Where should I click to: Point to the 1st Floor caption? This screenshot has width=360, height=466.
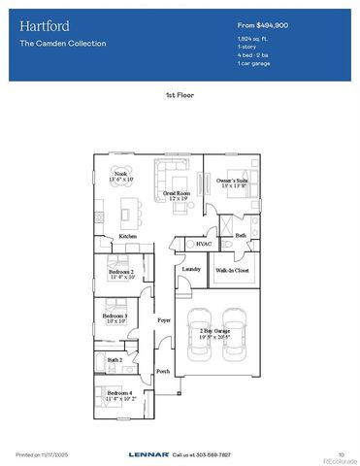(x=180, y=96)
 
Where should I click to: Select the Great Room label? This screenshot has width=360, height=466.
(x=175, y=194)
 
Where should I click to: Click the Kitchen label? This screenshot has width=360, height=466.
(x=127, y=237)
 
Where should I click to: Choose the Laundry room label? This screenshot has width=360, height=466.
(x=191, y=269)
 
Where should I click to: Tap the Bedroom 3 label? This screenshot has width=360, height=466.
(x=115, y=316)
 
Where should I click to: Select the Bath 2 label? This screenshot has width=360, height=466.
(x=115, y=358)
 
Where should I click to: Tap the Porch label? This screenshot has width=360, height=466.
(x=162, y=371)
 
